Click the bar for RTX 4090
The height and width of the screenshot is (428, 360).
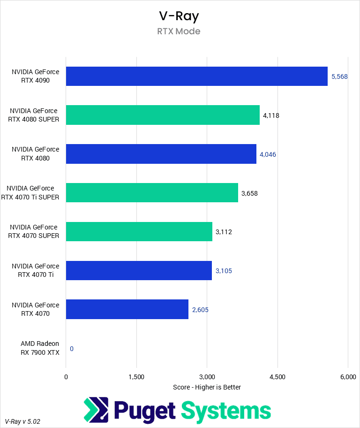point(196,76)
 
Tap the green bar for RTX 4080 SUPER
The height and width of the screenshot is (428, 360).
point(163,115)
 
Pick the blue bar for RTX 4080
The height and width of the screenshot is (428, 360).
point(161,154)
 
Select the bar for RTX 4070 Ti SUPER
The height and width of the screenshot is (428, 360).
point(152,193)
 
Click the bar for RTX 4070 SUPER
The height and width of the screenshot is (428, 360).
point(139,231)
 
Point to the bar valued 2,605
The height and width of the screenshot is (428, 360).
point(127,309)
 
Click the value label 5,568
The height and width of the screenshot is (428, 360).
point(339,76)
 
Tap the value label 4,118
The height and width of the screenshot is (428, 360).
point(271,115)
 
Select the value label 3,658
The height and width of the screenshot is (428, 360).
point(249,193)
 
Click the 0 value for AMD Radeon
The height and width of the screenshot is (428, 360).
point(72,349)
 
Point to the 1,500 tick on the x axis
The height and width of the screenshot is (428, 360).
point(136,377)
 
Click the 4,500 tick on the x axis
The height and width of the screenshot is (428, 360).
point(277,377)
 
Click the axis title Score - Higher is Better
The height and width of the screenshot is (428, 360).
point(207,387)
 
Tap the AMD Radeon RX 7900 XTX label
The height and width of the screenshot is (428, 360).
point(40,348)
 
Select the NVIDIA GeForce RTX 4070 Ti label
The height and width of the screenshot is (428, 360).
point(35,270)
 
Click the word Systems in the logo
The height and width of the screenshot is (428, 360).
point(226,410)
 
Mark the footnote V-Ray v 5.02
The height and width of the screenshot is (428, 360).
point(22,421)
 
